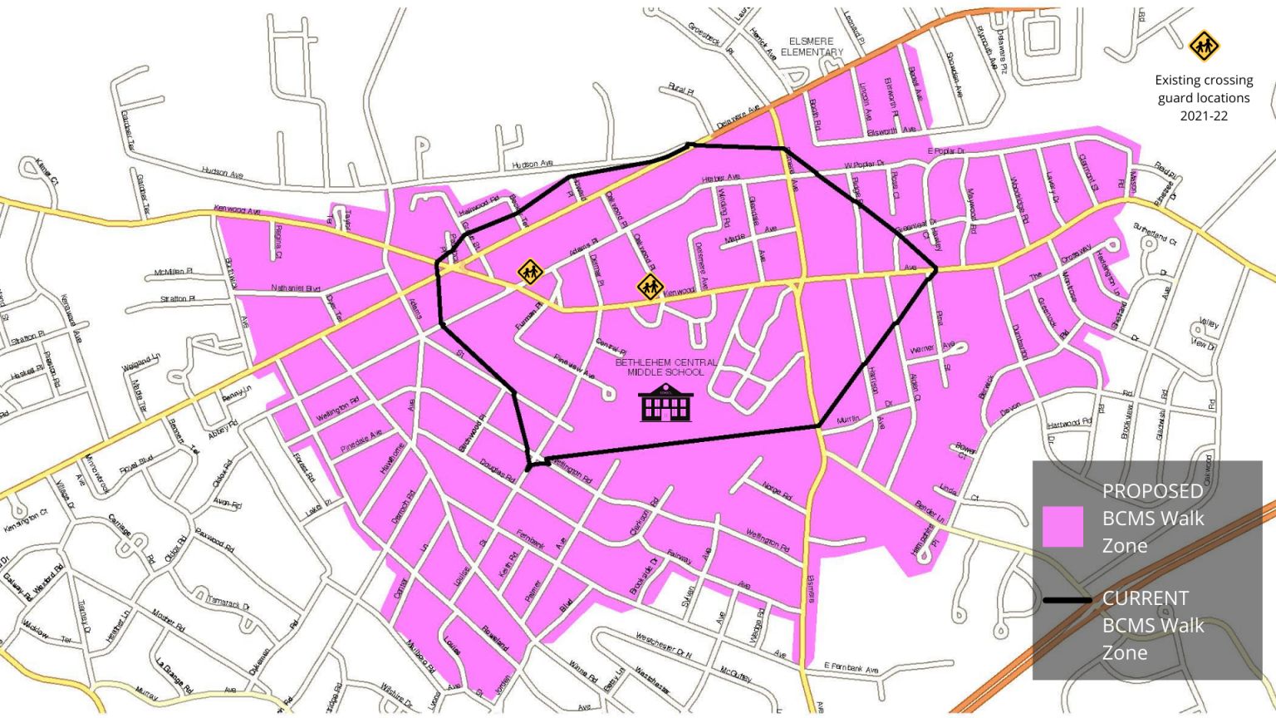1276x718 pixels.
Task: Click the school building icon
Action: [x=665, y=404]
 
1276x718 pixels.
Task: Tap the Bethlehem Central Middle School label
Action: [x=665, y=367]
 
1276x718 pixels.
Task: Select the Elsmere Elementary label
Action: [x=812, y=47]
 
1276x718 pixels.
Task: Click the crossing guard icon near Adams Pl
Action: [x=530, y=272]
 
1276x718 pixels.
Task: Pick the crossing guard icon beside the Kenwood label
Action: [x=650, y=287]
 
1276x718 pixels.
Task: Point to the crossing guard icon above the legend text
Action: [x=1204, y=47]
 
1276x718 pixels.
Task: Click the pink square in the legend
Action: [x=1063, y=527]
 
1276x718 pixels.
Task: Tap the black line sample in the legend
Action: [x=1067, y=600]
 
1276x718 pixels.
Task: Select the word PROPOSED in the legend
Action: [x=1152, y=491]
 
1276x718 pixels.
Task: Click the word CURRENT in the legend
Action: [x=1145, y=598]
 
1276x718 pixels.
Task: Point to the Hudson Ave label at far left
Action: [x=223, y=173]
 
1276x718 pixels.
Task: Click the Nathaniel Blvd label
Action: [x=296, y=288]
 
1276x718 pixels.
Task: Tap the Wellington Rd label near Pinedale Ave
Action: [x=337, y=410]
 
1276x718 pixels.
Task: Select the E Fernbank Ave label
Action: [x=851, y=668]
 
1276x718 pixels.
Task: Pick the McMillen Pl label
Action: [x=174, y=273]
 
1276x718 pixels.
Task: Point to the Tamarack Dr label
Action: [x=228, y=602]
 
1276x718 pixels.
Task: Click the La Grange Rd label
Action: [x=174, y=675]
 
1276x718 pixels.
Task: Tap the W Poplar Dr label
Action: [x=864, y=165]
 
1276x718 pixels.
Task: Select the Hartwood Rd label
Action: [x=1069, y=424]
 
